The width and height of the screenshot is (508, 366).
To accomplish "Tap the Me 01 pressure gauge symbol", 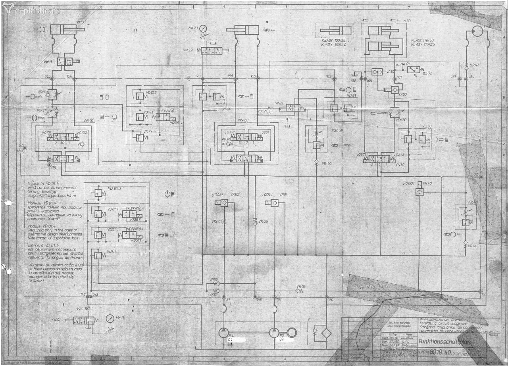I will (x=110, y=319).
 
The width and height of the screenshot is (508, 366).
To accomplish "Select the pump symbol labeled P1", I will (x=223, y=333).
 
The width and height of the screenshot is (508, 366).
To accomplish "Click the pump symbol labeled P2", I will (x=274, y=333).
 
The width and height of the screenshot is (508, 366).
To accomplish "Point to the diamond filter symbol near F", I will (x=326, y=333).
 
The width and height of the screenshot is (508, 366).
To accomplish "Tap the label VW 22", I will (x=188, y=50).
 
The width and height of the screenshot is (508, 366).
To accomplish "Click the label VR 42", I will (x=474, y=65).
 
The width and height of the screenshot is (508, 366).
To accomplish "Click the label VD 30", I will (x=427, y=126).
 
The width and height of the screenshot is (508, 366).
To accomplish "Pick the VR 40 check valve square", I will (x=419, y=192).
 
